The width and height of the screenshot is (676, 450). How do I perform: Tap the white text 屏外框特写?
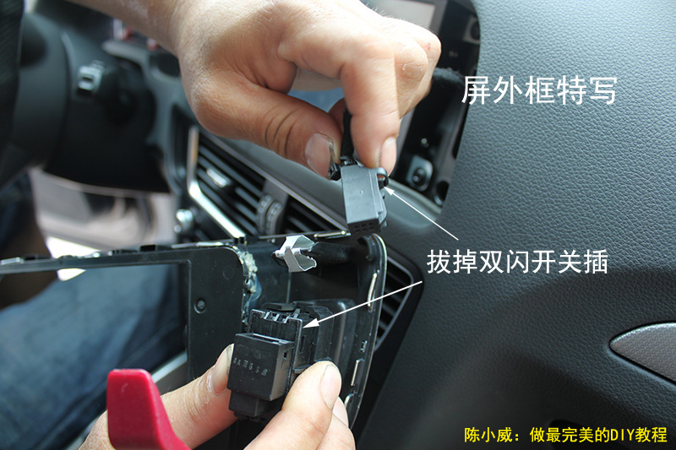539,90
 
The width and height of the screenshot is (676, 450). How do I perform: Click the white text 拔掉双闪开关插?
517,262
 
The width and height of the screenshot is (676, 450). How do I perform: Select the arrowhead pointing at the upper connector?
389,191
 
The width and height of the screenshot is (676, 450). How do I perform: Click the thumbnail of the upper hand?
319,152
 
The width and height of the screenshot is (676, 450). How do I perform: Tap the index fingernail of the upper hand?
389,153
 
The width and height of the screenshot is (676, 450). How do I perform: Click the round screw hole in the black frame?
200,306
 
